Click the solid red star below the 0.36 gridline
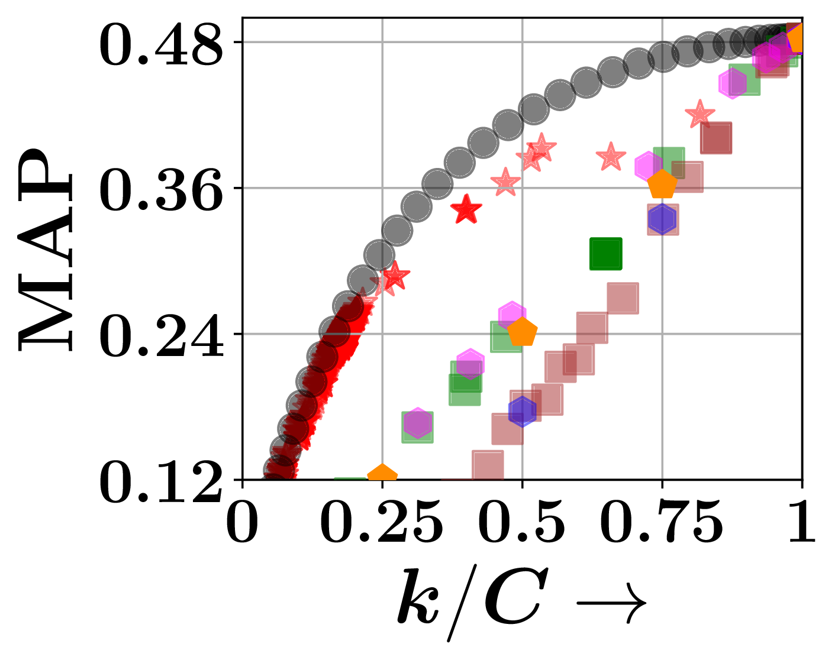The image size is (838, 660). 466,209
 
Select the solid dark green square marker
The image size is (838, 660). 606,254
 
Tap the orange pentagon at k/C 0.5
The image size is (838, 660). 522,332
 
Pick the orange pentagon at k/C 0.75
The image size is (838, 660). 662,185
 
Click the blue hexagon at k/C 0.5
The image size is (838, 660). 522,411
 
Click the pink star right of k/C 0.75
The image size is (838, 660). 700,114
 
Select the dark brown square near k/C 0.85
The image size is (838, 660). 716,138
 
